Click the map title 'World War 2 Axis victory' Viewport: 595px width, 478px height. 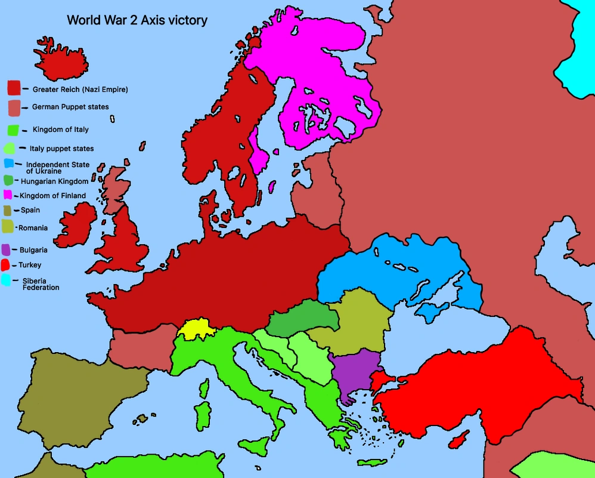click(137, 20)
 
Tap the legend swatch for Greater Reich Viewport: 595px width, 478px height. click(14, 88)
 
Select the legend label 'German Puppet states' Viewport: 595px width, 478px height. click(70, 107)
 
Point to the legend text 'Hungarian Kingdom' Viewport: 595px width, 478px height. click(54, 181)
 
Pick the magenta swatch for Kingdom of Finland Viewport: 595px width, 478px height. click(8, 195)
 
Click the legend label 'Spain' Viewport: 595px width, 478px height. click(30, 210)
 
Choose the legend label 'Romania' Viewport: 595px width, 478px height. click(33, 228)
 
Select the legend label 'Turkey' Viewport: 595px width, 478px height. click(30, 265)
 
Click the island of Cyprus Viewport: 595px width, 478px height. click(458, 440)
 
